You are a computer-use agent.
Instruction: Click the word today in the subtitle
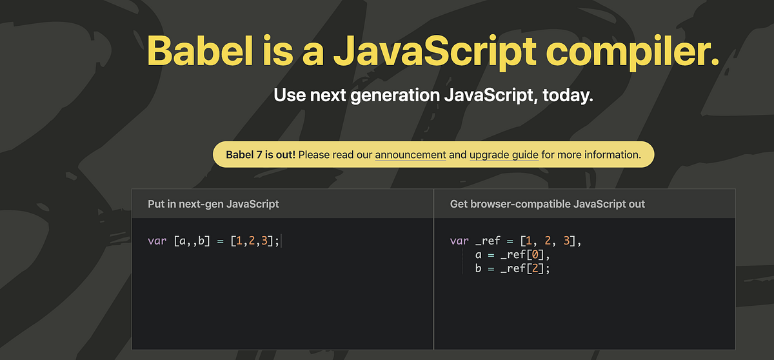567,95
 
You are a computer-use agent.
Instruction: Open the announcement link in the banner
410,155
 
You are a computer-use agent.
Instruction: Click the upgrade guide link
504,155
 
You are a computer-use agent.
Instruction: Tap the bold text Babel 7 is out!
261,155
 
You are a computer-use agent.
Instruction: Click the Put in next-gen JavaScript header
213,204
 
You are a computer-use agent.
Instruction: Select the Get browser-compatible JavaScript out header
548,204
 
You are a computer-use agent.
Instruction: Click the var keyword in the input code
157,242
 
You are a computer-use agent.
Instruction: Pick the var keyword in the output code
459,242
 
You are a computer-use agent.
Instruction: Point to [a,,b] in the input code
192,242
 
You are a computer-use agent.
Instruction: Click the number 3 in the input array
264,242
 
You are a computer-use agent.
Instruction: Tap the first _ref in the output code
488,242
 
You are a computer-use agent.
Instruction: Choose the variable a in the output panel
479,255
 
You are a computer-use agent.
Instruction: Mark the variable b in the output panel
479,268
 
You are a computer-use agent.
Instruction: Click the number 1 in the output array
528,242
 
